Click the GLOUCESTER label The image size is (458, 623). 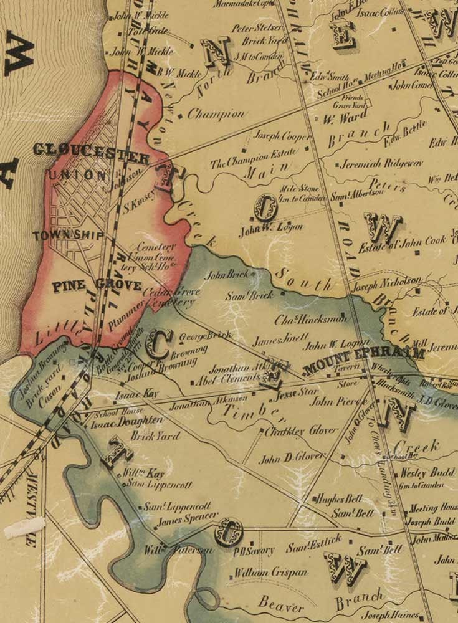pyautogui.click(x=91, y=151)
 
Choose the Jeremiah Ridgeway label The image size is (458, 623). pyautogui.click(x=381, y=164)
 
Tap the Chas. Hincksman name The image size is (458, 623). pyautogui.click(x=310, y=320)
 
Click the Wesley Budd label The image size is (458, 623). pyautogui.click(x=427, y=472)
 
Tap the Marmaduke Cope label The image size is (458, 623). pyautogui.click(x=243, y=4)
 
